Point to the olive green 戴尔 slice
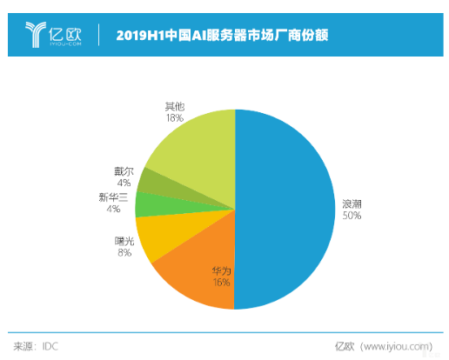151,181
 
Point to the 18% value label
174,117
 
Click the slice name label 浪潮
352,203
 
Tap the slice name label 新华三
115,197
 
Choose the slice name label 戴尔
123,171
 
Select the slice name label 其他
174,106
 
